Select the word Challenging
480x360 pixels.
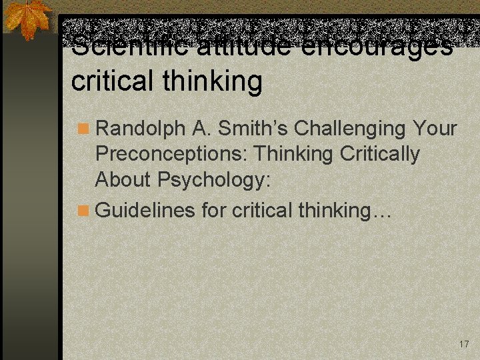(x=351, y=129)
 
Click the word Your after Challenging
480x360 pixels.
(x=435, y=128)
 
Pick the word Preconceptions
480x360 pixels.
(x=170, y=154)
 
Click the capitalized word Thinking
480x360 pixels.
(x=294, y=154)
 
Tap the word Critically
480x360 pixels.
(x=380, y=154)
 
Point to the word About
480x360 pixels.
(x=124, y=179)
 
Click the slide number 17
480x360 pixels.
(x=464, y=344)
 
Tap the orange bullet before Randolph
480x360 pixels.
(x=83, y=129)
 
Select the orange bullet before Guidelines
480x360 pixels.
(x=83, y=211)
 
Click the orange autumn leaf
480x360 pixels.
(x=28, y=18)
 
